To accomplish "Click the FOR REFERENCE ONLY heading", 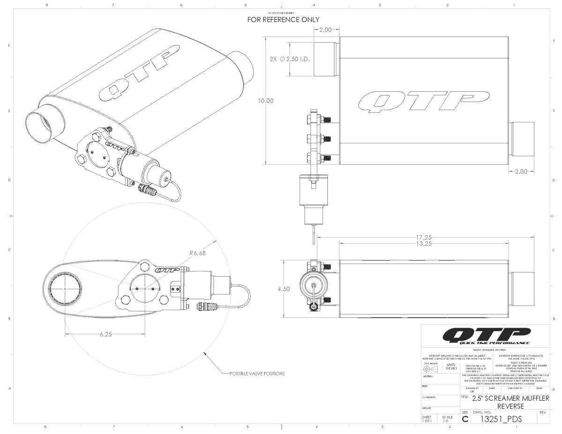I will pyautogui.click(x=283, y=20).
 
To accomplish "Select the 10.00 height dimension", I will pyautogui.click(x=265, y=100).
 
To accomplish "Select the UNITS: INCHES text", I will pyautogui.click(x=451, y=366).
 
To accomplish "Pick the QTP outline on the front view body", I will pyautogui.click(x=414, y=101).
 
